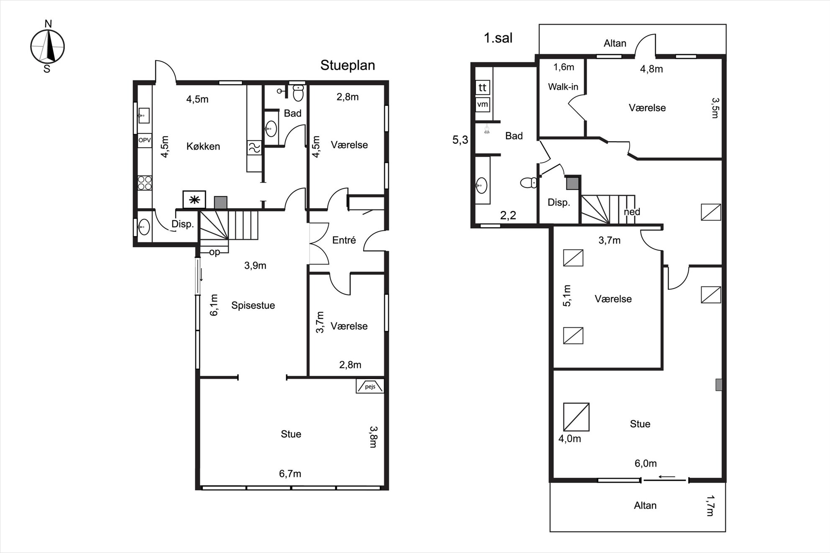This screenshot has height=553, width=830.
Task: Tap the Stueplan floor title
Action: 348,65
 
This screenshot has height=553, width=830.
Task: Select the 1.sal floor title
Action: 498,38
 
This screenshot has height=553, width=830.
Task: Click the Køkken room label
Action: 203,146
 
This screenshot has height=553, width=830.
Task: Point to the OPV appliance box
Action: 144,140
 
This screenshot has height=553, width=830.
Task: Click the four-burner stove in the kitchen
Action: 145,183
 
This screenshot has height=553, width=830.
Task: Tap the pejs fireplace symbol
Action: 370,386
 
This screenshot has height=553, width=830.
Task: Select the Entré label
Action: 344,240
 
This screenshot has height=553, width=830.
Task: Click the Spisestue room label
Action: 253,306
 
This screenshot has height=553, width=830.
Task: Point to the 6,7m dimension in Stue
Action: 290,474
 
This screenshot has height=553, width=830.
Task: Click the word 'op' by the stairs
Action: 215,252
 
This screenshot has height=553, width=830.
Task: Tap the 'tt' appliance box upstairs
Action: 482,88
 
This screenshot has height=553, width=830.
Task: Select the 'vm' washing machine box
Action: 482,104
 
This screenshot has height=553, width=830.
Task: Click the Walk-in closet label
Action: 563,87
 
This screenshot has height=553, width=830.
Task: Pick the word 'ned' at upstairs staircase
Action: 632,212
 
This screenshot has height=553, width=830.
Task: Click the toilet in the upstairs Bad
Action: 529,183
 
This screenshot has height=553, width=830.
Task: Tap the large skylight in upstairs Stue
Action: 576,417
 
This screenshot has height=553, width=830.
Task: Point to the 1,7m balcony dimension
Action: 710,506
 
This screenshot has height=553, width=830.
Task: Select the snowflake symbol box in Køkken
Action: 194,200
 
